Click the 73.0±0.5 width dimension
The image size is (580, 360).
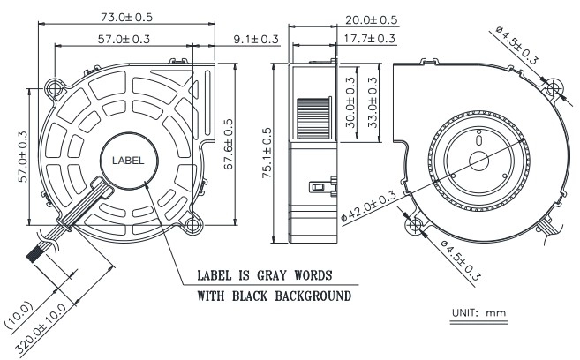(x=126, y=18)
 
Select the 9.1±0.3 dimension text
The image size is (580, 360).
(x=256, y=39)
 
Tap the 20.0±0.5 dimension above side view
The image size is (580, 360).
(x=372, y=20)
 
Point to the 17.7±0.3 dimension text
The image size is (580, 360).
(x=370, y=39)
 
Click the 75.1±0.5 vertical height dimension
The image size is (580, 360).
(x=267, y=153)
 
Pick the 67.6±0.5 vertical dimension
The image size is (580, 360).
(x=229, y=144)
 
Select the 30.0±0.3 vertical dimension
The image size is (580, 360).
(x=350, y=102)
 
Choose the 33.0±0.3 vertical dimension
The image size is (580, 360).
(x=373, y=102)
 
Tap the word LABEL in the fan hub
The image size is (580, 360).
(x=128, y=161)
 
